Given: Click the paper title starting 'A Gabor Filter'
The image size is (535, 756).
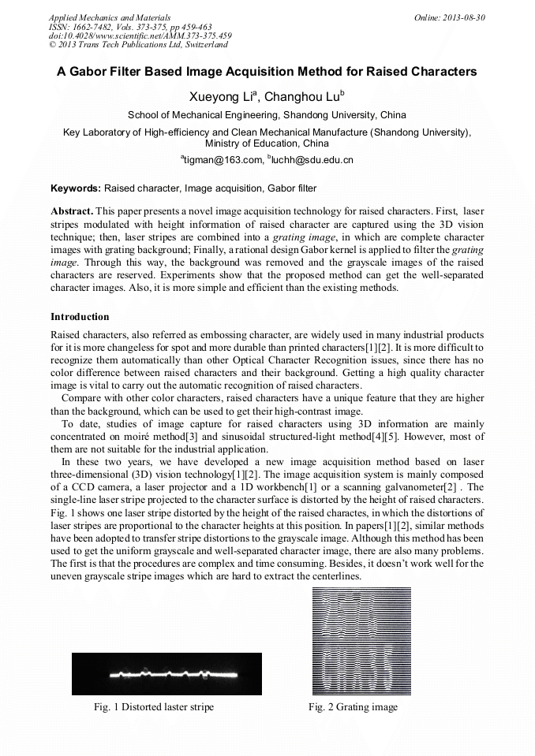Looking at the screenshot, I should [x=267, y=72].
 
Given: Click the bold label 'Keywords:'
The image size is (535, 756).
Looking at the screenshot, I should [x=76, y=188].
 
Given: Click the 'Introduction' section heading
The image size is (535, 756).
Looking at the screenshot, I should [x=80, y=317].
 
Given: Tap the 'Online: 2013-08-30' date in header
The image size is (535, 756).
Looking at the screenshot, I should [x=449, y=17].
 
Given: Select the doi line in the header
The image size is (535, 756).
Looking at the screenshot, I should [x=140, y=35].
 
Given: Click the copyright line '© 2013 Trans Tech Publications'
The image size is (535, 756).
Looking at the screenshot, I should [x=138, y=45].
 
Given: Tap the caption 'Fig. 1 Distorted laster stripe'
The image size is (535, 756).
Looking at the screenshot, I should [x=154, y=707].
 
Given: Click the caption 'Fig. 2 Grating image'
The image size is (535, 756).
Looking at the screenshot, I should [x=353, y=707].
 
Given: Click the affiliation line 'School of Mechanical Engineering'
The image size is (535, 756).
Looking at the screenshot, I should [x=267, y=115].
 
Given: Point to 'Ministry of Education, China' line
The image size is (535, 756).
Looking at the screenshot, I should [x=267, y=143].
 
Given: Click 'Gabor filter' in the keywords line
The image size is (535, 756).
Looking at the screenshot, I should [x=291, y=188].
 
